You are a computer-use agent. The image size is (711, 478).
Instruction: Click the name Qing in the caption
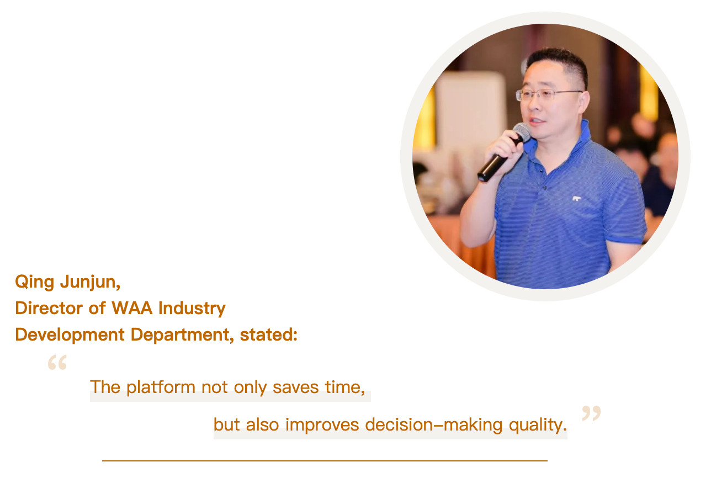pos(35,283)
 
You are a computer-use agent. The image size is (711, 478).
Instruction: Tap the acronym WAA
pos(132,308)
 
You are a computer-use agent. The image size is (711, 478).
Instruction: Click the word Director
pos(49,308)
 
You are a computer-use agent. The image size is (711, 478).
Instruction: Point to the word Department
pos(182,335)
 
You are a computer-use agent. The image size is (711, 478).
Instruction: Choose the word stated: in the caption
pos(268,335)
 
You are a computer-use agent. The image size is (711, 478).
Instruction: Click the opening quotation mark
pos(57,362)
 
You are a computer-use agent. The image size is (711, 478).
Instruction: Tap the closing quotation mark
pos(591,413)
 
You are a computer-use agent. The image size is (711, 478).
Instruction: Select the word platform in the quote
pos(161,387)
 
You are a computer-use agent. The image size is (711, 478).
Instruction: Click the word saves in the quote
pos(295,387)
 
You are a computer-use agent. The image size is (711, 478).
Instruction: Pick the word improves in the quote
pos(322,426)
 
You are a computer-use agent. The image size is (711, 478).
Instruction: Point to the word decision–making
pos(434,425)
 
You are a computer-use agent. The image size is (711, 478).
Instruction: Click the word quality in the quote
pos(538,426)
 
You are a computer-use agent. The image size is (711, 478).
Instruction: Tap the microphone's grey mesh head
pos(522,132)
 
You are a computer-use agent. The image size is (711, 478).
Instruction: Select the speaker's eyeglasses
pos(549,94)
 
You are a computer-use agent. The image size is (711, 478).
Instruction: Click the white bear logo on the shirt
pos(576,199)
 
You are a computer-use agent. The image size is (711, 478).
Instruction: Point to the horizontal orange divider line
pos(325,460)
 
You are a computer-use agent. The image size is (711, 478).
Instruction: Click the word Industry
pos(192,309)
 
